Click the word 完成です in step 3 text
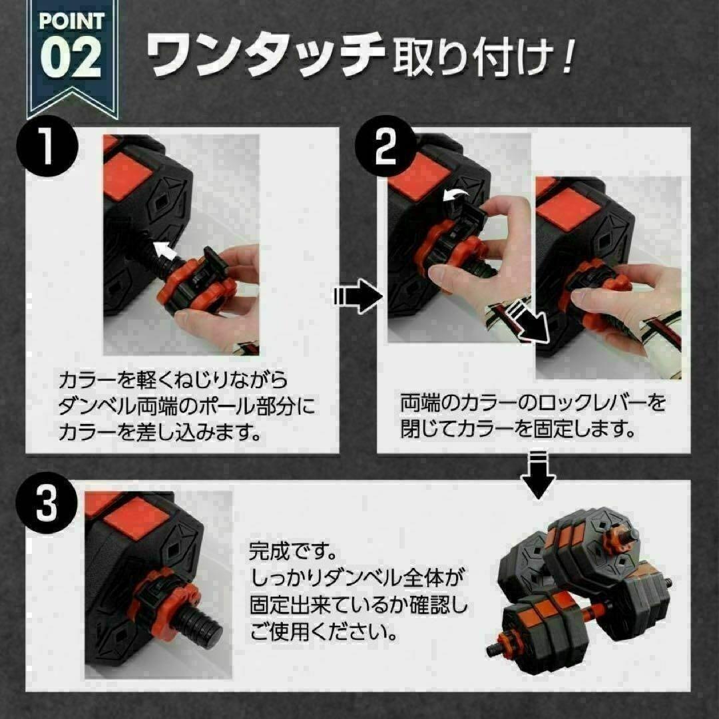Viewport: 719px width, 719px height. click(x=292, y=551)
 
